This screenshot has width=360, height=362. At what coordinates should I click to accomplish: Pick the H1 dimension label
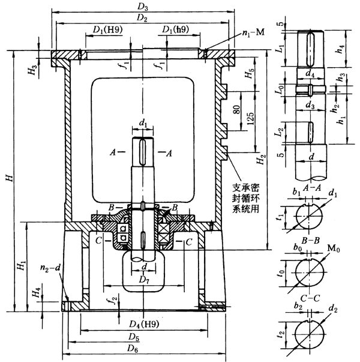(x=20, y=265)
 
